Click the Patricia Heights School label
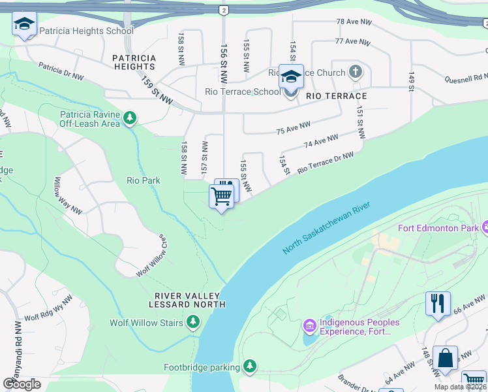[86, 31]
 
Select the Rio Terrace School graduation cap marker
[291, 77]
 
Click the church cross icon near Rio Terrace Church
[356, 71]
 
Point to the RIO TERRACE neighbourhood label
[336, 96]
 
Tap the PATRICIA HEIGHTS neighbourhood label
[134, 62]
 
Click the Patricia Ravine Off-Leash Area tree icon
[131, 118]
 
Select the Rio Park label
[143, 180]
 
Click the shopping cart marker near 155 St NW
[222, 195]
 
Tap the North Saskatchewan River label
[327, 228]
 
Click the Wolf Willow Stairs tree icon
[193, 322]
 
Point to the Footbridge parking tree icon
[249, 367]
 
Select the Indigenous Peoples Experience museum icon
[309, 325]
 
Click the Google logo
[22, 384]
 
